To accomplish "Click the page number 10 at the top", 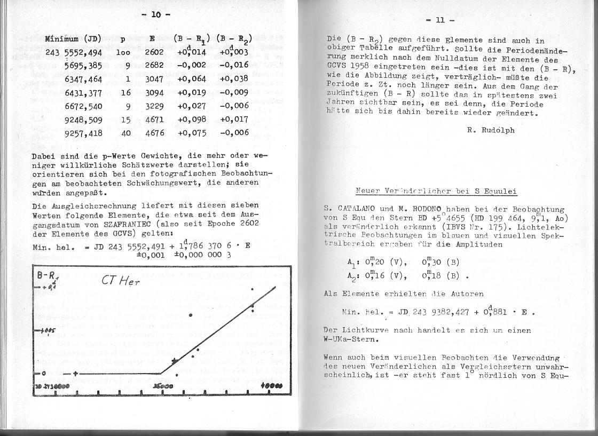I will pyautogui.click(x=155, y=15).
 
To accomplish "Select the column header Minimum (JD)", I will pyautogui.click(x=73, y=38).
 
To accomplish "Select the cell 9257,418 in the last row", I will pyautogui.click(x=83, y=133).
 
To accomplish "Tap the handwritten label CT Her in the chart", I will pyautogui.click(x=121, y=280).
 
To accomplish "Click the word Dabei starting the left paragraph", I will pyautogui.click(x=44, y=155).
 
